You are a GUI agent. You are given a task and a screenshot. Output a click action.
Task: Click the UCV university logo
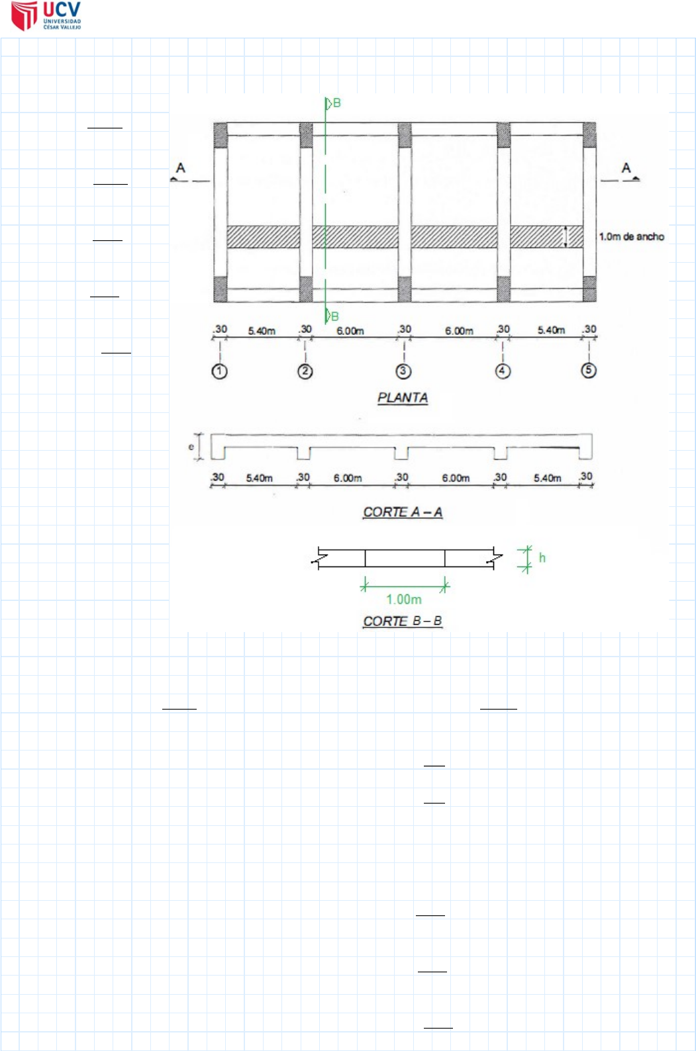pos(46,16)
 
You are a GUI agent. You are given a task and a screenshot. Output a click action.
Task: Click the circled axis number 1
pos(219,371)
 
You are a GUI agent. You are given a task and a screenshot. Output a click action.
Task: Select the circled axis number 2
pos(305,371)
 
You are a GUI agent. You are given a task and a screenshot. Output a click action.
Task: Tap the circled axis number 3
pos(403,371)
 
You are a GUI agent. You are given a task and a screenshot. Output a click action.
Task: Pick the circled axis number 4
pos(503,371)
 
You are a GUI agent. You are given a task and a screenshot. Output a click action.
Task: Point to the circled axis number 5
pos(589,370)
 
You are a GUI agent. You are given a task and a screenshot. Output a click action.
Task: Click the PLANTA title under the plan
pos(403,398)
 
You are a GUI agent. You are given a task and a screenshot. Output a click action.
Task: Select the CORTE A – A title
pos(403,512)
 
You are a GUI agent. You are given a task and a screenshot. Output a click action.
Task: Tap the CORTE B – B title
pos(403,621)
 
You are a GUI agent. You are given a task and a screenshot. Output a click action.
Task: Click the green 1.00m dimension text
pos(403,599)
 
